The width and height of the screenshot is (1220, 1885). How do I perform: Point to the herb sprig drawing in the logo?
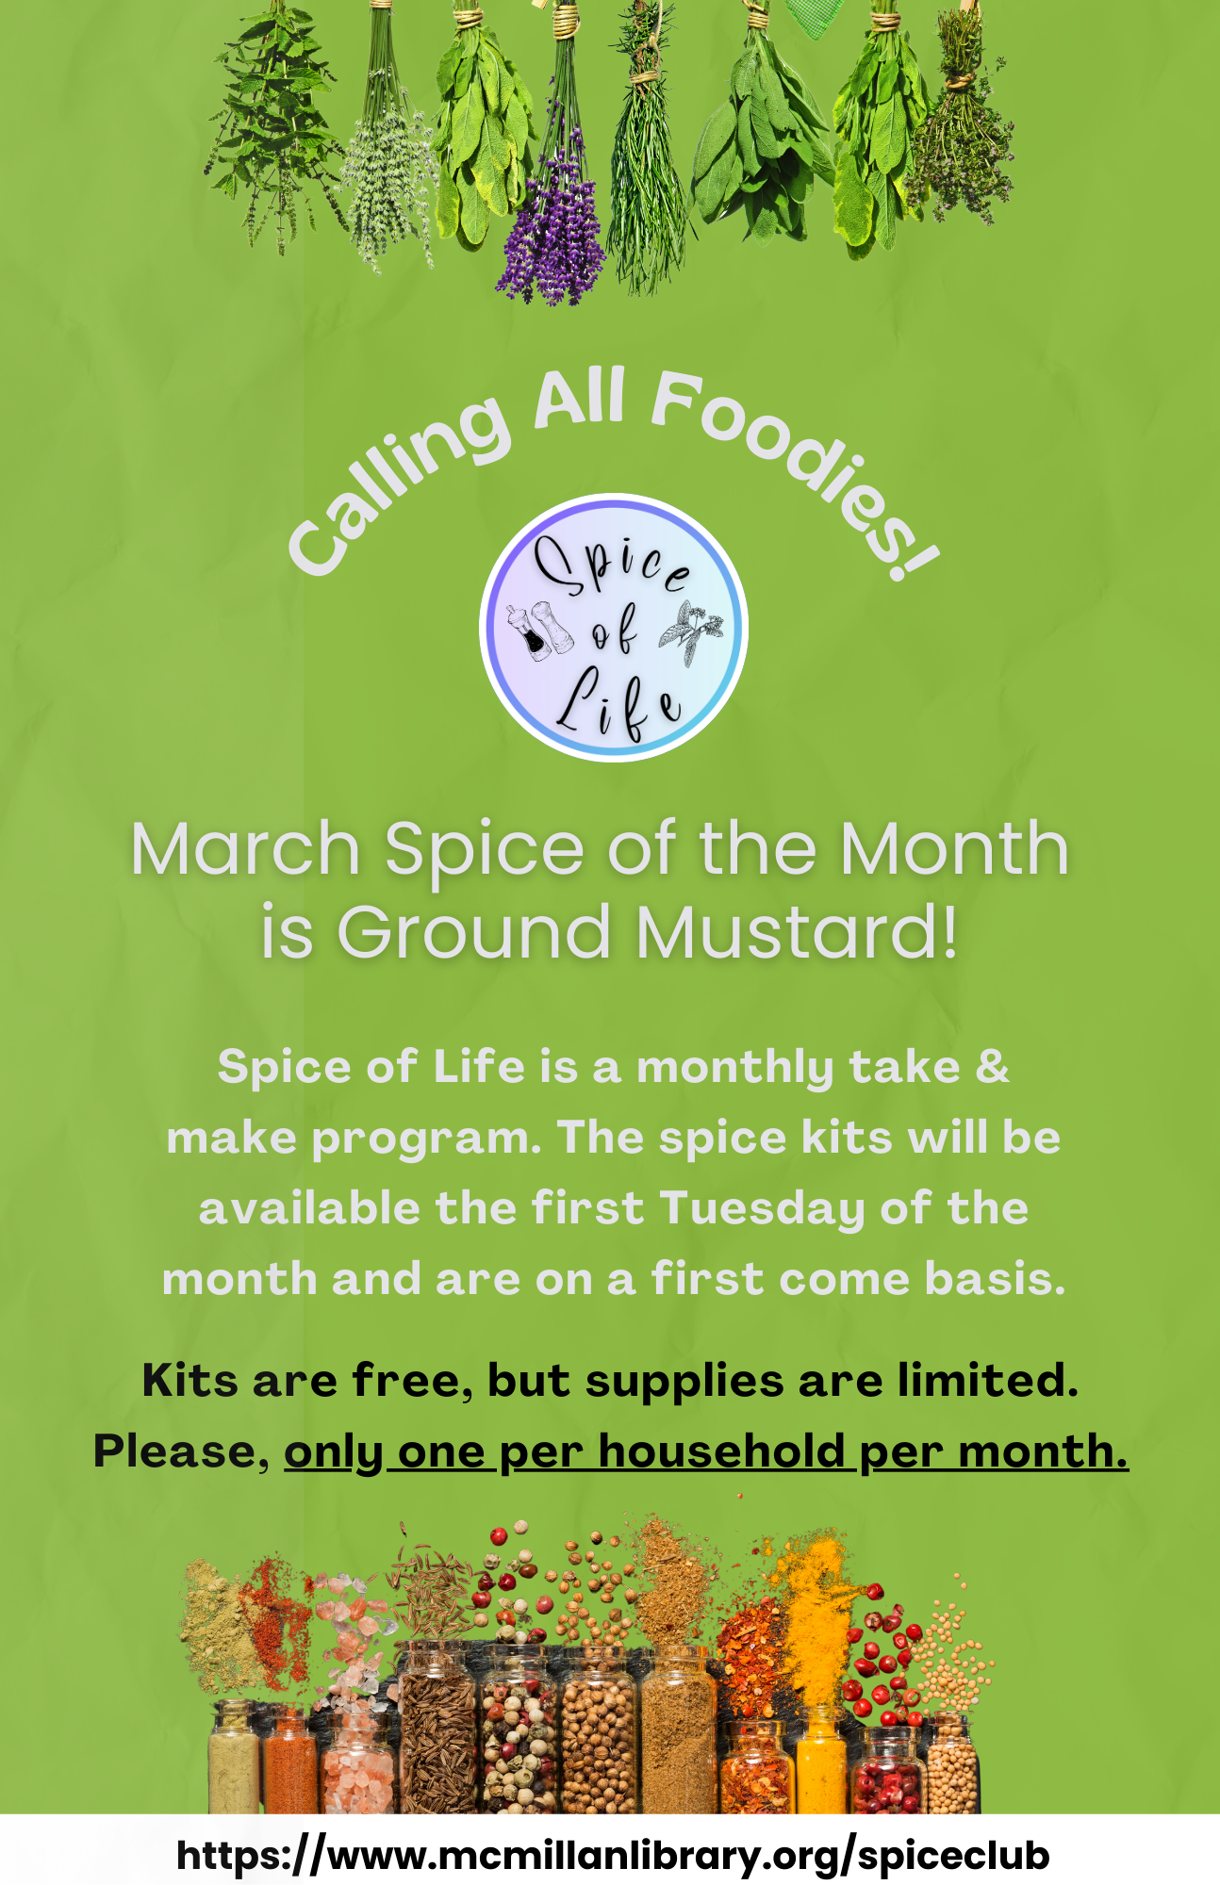tap(691, 629)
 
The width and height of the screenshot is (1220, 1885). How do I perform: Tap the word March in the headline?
tap(245, 848)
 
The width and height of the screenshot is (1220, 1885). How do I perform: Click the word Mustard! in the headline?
tap(797, 931)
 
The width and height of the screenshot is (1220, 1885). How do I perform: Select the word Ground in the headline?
tap(474, 931)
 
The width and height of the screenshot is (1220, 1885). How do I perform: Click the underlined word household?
tap(721, 1451)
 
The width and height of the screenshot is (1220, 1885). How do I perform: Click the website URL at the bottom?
tap(613, 1855)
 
